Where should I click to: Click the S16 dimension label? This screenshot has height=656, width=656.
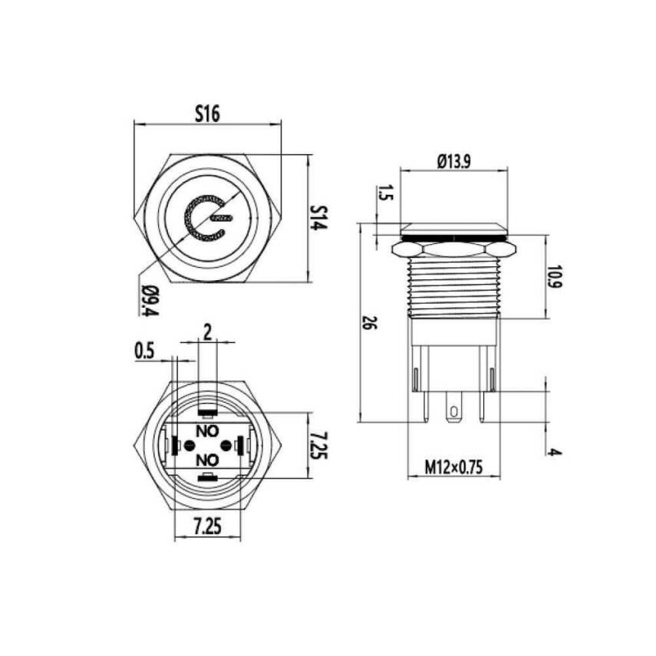[x=207, y=114]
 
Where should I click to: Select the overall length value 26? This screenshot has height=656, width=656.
[x=368, y=322]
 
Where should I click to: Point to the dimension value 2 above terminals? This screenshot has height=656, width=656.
[x=206, y=331]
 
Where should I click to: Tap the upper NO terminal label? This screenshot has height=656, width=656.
[x=206, y=430]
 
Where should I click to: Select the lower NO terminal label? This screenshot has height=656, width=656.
[x=206, y=460]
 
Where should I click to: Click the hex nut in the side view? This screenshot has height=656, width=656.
[x=453, y=249]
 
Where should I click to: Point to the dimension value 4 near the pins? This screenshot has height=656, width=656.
[x=555, y=452]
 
